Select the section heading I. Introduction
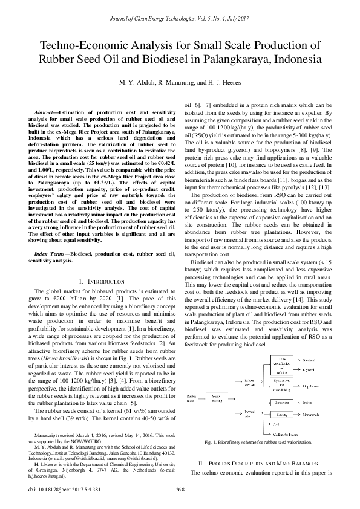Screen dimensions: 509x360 pos(102,282)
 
